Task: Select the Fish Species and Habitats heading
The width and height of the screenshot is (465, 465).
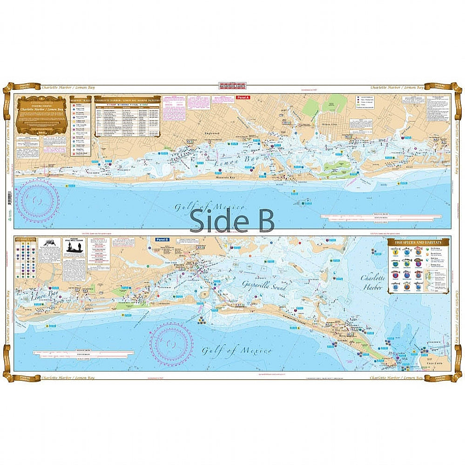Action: [418, 242]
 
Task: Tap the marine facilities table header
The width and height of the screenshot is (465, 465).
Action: [128, 100]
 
